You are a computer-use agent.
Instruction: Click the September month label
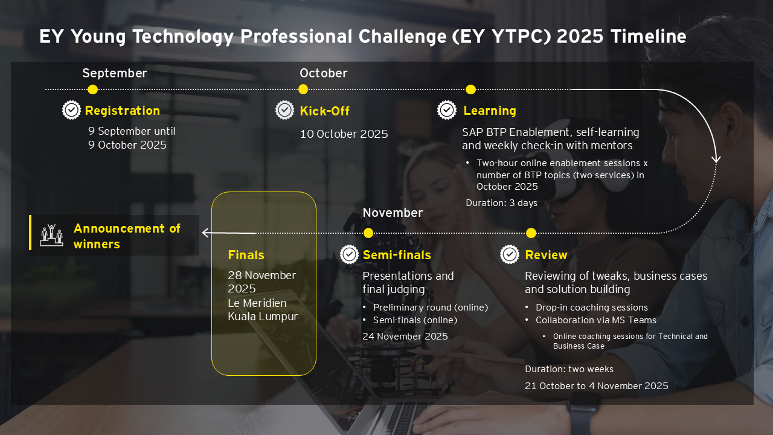coord(115,74)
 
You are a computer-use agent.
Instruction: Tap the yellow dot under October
coord(303,89)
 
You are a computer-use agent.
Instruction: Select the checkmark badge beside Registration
coord(71,110)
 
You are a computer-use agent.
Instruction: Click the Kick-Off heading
coord(324,111)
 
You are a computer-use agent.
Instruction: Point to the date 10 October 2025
coord(344,134)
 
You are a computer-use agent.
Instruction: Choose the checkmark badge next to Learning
coord(447,110)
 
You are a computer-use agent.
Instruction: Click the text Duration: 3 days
coord(501,203)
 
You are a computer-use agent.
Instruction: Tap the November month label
coord(393,213)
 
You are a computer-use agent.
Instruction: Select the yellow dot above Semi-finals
coord(368,233)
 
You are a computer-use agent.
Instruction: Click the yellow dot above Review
coord(531,233)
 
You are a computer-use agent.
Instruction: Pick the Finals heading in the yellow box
coord(246,255)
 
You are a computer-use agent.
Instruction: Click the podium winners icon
coord(51,235)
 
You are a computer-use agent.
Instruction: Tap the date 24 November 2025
coord(405,337)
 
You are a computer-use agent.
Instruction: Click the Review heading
coord(546,255)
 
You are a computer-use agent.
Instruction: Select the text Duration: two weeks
coord(569,369)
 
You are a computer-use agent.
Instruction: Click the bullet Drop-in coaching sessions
coord(591,308)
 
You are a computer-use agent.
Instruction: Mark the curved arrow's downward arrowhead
coord(716,159)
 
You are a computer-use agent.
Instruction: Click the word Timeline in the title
coord(648,36)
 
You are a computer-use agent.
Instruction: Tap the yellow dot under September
coord(92,89)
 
